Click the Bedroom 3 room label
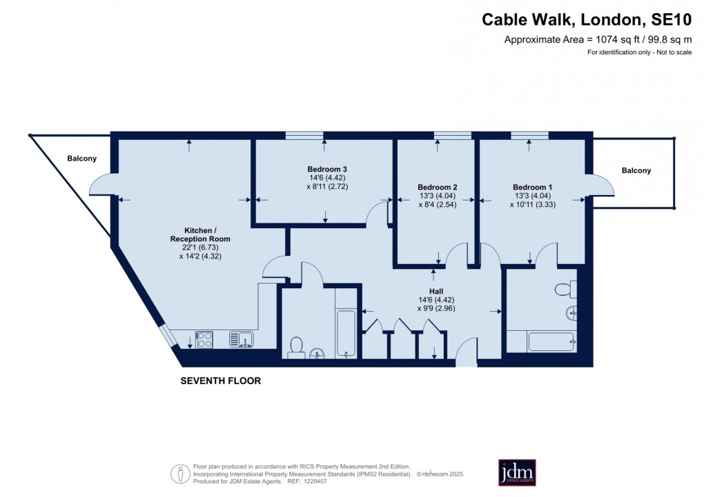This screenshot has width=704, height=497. coord(326,169)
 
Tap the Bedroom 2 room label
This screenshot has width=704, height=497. coord(437,187)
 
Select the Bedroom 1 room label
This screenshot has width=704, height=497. coord(532,187)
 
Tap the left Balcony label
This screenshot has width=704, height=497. coord(81,159)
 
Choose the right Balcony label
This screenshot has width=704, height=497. coord(636,170)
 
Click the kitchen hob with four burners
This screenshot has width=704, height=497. coord(205,339)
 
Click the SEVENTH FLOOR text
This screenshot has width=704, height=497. coord(220,381)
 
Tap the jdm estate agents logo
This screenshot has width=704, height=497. coord(517,473)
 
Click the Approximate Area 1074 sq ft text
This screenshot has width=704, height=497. coord(598,39)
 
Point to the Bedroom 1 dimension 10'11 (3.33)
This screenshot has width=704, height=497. coord(532,204)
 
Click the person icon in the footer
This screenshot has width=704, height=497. coord(180,474)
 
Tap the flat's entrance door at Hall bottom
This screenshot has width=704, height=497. coord(467,351)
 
